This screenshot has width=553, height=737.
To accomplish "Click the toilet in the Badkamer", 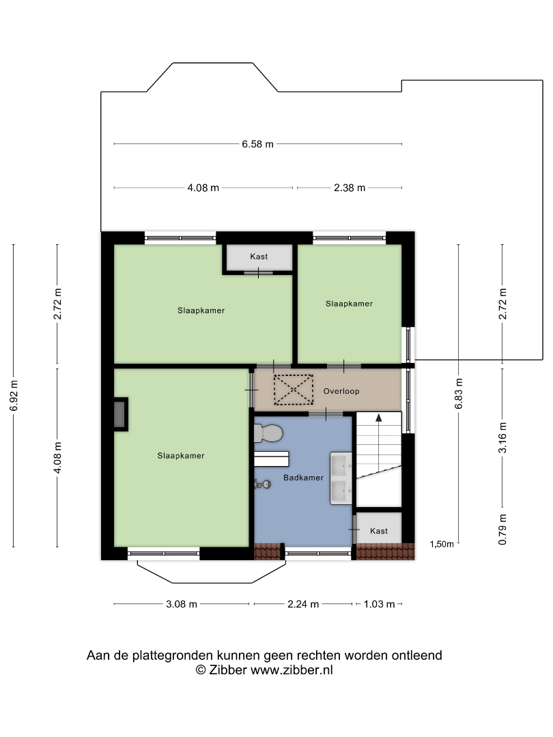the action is (x=268, y=433).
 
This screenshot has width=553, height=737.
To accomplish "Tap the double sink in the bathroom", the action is (x=341, y=478).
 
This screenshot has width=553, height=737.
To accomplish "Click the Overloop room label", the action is (x=341, y=391).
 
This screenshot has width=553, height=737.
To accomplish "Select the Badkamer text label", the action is (x=303, y=478).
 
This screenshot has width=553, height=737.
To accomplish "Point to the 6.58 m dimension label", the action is (x=257, y=144).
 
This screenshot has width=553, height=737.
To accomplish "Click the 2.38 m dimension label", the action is (x=350, y=188).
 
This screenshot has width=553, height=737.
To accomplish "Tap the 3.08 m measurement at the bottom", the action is (x=182, y=604).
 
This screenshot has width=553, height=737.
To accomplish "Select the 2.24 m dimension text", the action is (x=303, y=604).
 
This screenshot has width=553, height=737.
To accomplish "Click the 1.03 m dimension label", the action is (x=379, y=604).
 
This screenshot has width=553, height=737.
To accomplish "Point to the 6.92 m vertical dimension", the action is (x=14, y=396).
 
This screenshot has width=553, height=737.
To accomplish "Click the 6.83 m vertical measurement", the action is (x=459, y=394).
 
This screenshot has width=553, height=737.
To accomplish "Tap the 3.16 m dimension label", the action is (x=502, y=437).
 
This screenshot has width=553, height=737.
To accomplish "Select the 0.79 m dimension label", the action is (x=502, y=530).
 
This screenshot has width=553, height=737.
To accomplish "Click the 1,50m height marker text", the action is (x=442, y=545).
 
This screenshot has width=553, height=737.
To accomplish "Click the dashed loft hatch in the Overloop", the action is (x=294, y=390).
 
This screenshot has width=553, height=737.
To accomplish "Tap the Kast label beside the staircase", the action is (x=378, y=531).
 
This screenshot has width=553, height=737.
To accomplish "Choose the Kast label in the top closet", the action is (x=259, y=257).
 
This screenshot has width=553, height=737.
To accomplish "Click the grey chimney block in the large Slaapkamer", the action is (x=120, y=414).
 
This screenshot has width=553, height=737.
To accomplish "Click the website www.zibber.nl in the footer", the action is (x=292, y=670).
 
